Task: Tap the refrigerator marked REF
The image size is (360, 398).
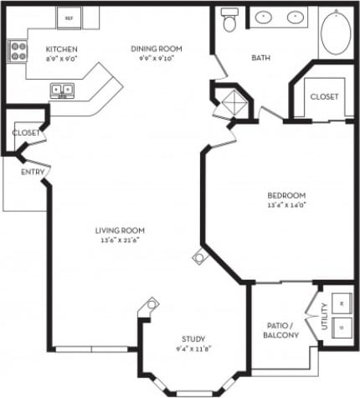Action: click(x=69, y=16)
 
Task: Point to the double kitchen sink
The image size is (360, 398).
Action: click(x=61, y=90)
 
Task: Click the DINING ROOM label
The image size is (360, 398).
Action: click(x=157, y=49)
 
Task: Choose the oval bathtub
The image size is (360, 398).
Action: click(x=337, y=30)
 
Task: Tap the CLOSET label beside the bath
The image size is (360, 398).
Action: click(x=325, y=97)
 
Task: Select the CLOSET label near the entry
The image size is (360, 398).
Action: click(x=26, y=132)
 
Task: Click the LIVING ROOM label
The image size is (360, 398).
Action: click(x=121, y=230)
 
